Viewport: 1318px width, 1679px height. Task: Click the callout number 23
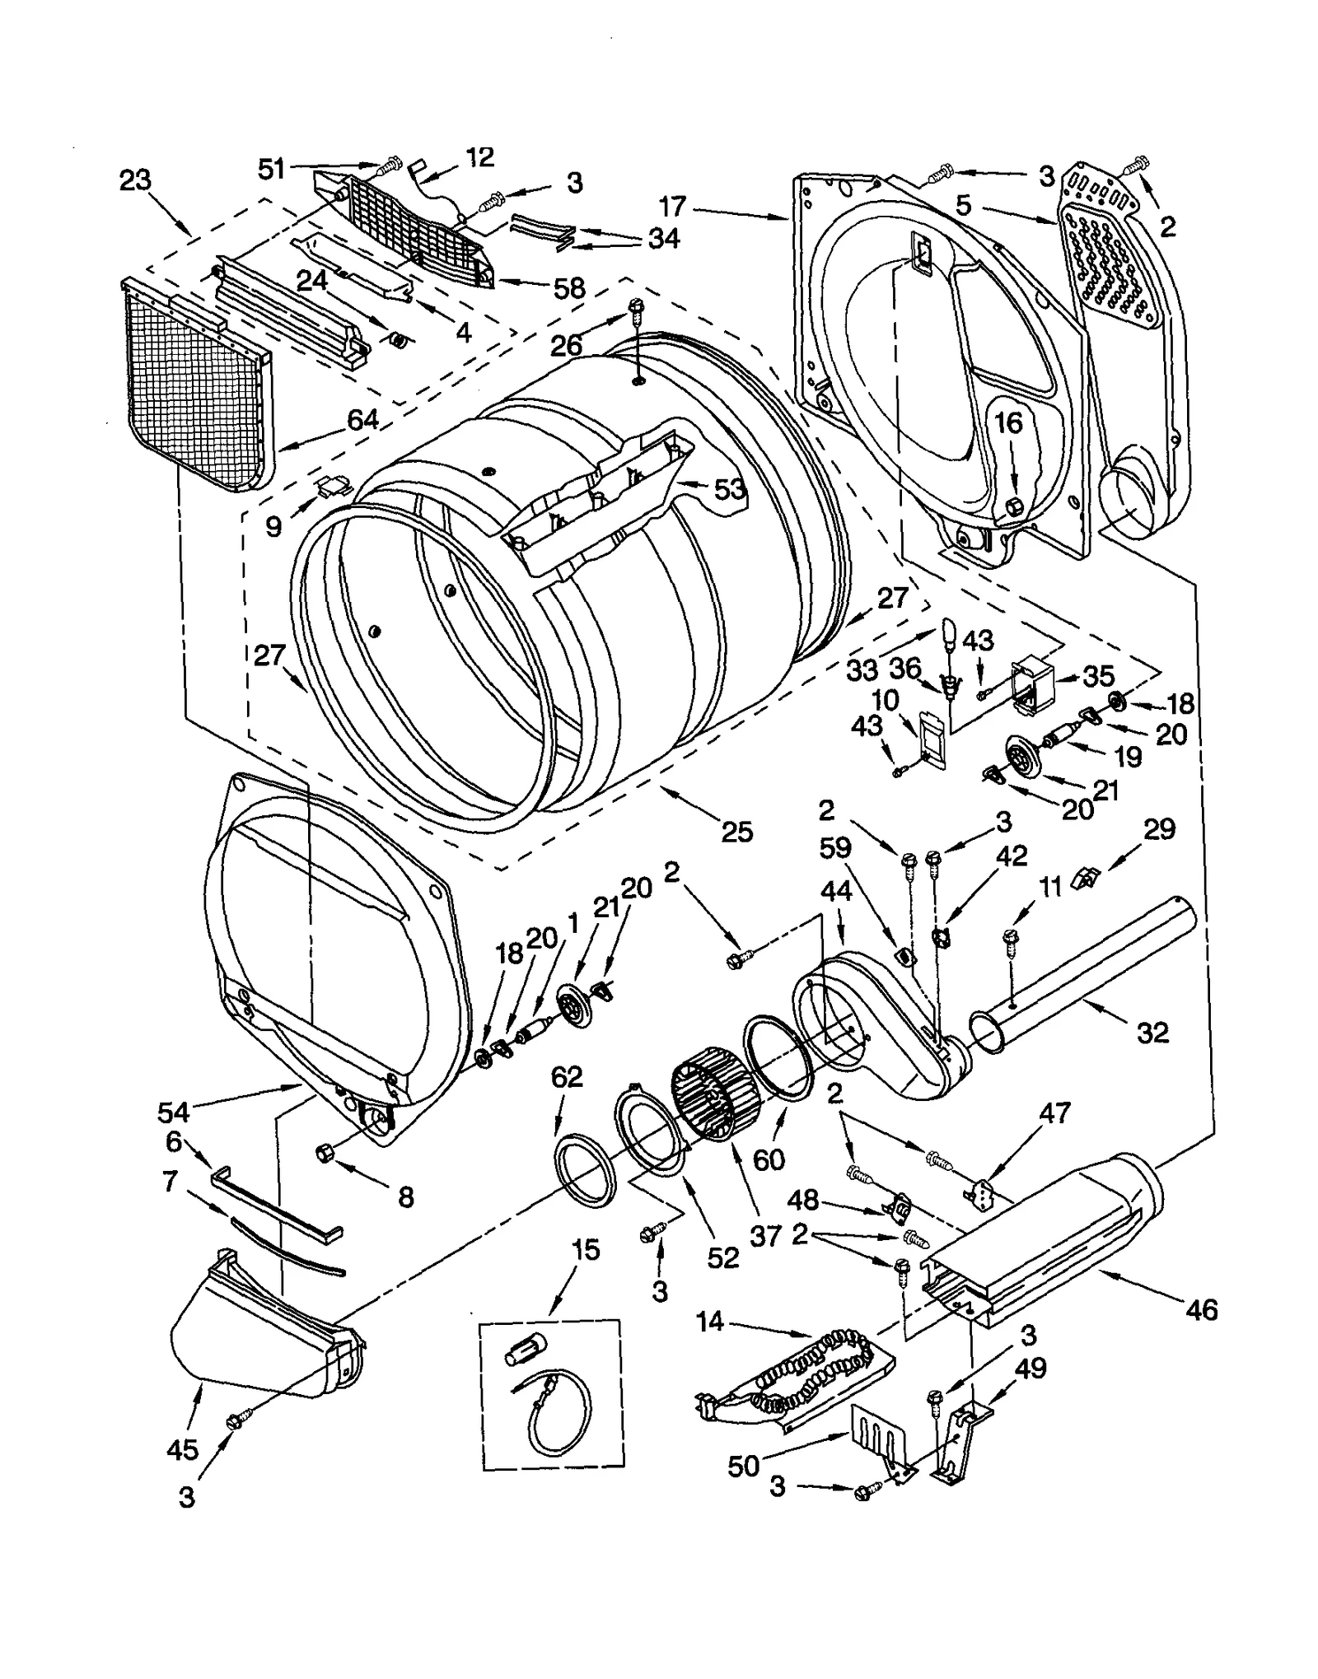coord(136,180)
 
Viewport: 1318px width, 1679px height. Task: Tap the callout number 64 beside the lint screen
coord(362,419)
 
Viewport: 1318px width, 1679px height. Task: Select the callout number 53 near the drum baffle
coord(729,489)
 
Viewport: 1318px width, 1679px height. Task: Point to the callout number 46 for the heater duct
coord(1202,1310)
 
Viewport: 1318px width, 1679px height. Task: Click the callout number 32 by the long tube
coord(1152,1032)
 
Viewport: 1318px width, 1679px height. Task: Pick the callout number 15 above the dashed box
coord(585,1249)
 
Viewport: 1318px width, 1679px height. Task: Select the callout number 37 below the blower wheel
coord(766,1235)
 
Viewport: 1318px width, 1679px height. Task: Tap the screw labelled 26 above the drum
coord(636,310)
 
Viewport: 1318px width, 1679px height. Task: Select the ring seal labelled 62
coord(586,1169)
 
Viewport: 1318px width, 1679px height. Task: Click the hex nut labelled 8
coord(324,1153)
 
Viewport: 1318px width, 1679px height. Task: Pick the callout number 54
coord(174,1112)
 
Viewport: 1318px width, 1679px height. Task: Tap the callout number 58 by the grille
coord(568,287)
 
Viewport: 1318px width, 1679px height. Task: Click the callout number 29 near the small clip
coord(1159,829)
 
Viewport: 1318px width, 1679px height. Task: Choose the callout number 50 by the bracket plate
coord(743,1466)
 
